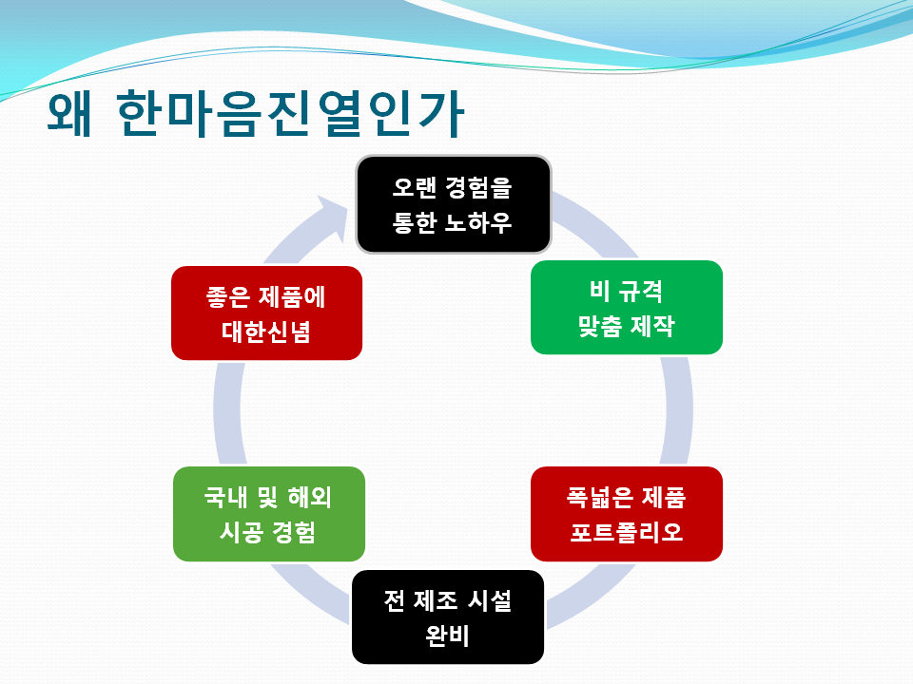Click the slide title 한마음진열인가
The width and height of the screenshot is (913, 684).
click(x=290, y=113)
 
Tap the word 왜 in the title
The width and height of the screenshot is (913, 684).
click(x=69, y=113)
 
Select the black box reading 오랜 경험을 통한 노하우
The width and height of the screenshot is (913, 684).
click(x=454, y=204)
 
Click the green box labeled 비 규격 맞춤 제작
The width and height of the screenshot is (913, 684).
click(x=627, y=307)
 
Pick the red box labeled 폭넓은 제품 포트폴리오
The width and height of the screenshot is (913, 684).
click(x=627, y=514)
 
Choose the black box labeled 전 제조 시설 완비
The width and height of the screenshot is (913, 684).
click(x=448, y=617)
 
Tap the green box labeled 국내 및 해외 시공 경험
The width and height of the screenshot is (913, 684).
click(x=269, y=514)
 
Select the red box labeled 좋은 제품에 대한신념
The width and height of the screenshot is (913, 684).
click(x=266, y=313)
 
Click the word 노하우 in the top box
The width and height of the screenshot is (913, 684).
click(x=478, y=222)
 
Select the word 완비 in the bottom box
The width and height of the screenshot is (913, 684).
click(x=447, y=636)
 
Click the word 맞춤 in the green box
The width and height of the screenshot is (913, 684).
click(x=600, y=326)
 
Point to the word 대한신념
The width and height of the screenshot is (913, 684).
click(x=266, y=332)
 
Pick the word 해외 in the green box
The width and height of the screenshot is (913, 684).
click(x=310, y=497)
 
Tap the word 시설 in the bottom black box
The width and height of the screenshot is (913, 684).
click(x=490, y=600)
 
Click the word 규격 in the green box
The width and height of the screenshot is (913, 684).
click(x=640, y=291)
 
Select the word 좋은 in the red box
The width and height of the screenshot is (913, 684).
click(x=227, y=296)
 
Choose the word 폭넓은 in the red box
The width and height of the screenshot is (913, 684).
click(x=600, y=497)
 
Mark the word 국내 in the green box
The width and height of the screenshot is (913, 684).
click(x=226, y=497)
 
